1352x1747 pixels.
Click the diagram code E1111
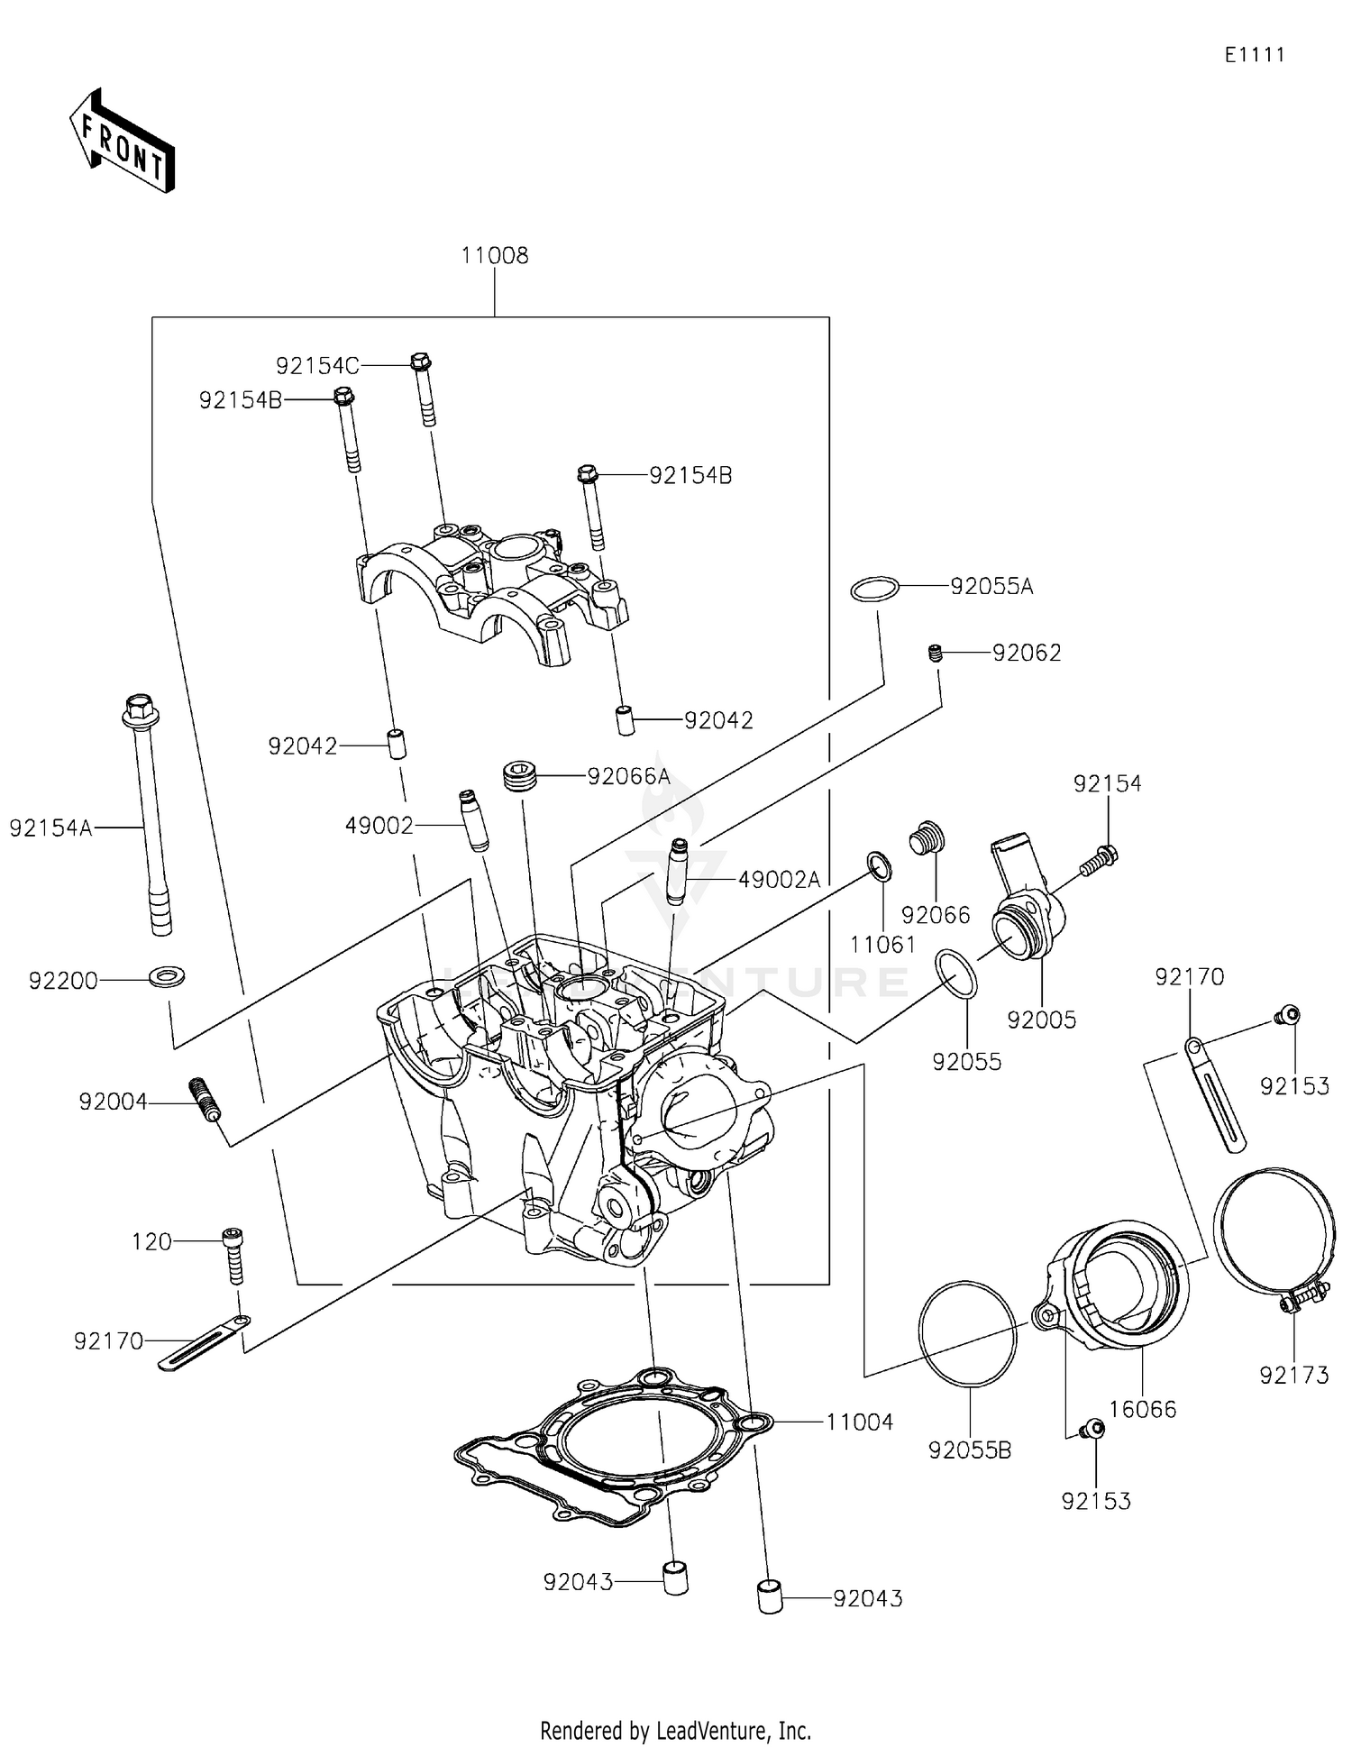(1254, 55)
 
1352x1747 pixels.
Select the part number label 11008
(494, 256)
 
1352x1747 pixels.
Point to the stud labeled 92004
(205, 1100)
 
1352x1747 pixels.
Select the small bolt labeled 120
(233, 1256)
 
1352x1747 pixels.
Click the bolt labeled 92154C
(423, 388)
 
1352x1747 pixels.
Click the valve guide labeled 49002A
(678, 870)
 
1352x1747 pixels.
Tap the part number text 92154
(1107, 784)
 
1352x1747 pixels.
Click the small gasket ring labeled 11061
(880, 865)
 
